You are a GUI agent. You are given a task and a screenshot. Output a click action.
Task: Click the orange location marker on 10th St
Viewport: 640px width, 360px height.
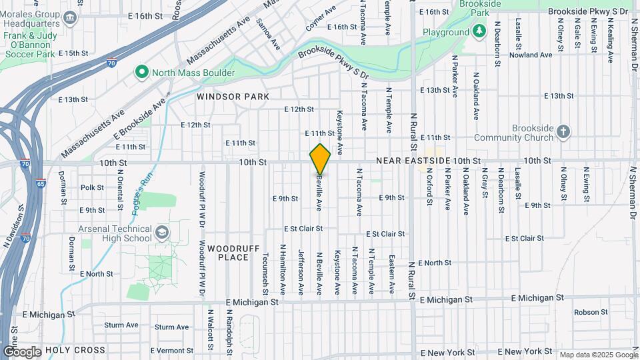coord(321,159)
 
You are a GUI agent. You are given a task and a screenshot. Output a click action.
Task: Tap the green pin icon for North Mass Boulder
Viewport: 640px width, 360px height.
coord(141,72)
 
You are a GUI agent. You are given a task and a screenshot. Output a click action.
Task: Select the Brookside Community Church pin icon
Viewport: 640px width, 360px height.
coord(563,131)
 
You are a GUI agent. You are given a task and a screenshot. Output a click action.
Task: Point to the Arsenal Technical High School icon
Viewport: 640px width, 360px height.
coord(161,233)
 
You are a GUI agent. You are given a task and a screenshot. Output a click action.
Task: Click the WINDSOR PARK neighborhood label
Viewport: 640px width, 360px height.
coord(233,97)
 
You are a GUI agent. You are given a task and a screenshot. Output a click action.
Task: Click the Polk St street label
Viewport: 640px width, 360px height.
coord(92,188)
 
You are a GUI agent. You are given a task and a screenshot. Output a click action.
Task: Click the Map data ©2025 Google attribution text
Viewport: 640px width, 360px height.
coord(597,355)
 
